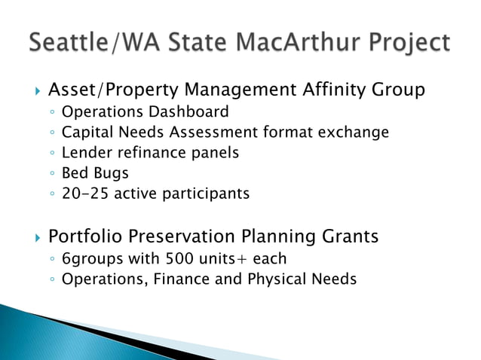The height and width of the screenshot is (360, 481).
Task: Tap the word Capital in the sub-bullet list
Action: pyautogui.click(x=87, y=133)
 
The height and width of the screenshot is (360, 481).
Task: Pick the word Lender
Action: pyautogui.click(x=85, y=153)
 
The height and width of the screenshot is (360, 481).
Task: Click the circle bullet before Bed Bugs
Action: pyautogui.click(x=50, y=174)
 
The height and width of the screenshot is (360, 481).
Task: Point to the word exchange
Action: pyautogui.click(x=357, y=133)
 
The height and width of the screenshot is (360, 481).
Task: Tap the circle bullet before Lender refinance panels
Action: pyautogui.click(x=50, y=154)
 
